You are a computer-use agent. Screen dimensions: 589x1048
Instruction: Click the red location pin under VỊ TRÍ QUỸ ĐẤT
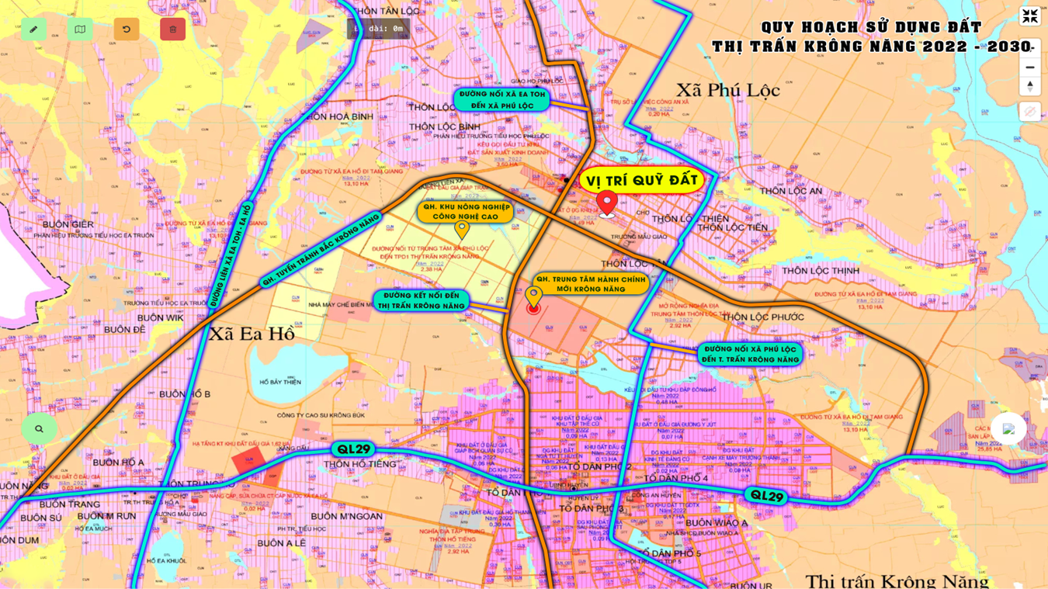tap(607, 203)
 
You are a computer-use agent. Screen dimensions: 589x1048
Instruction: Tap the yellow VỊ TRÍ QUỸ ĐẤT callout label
tap(641, 180)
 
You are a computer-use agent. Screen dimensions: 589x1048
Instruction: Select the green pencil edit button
tap(33, 29)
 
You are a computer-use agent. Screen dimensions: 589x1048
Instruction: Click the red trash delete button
tap(172, 29)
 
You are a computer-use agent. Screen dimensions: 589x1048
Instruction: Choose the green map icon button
tap(80, 29)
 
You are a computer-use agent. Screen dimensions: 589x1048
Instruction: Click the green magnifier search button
tap(39, 428)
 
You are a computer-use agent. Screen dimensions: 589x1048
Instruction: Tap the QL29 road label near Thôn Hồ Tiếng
tap(353, 449)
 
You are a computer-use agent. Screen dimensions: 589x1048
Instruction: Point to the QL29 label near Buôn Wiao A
tap(765, 496)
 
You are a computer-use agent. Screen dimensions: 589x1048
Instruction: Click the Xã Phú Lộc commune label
tap(727, 90)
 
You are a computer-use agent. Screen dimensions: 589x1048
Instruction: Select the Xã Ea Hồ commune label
tap(251, 334)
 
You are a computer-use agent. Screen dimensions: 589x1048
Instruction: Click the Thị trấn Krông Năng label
tap(897, 580)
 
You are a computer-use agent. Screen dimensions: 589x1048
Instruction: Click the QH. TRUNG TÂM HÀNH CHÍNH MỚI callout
tap(591, 284)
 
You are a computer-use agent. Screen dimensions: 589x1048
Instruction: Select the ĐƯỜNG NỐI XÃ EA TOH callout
tap(501, 99)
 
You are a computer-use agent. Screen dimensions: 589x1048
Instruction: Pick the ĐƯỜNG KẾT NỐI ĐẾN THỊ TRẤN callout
tap(421, 301)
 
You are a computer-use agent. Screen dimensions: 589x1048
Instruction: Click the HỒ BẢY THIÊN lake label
tap(280, 382)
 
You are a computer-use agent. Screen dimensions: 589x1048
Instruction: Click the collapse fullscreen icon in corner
tap(1030, 16)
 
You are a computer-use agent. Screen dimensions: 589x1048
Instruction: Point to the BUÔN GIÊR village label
tap(68, 224)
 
